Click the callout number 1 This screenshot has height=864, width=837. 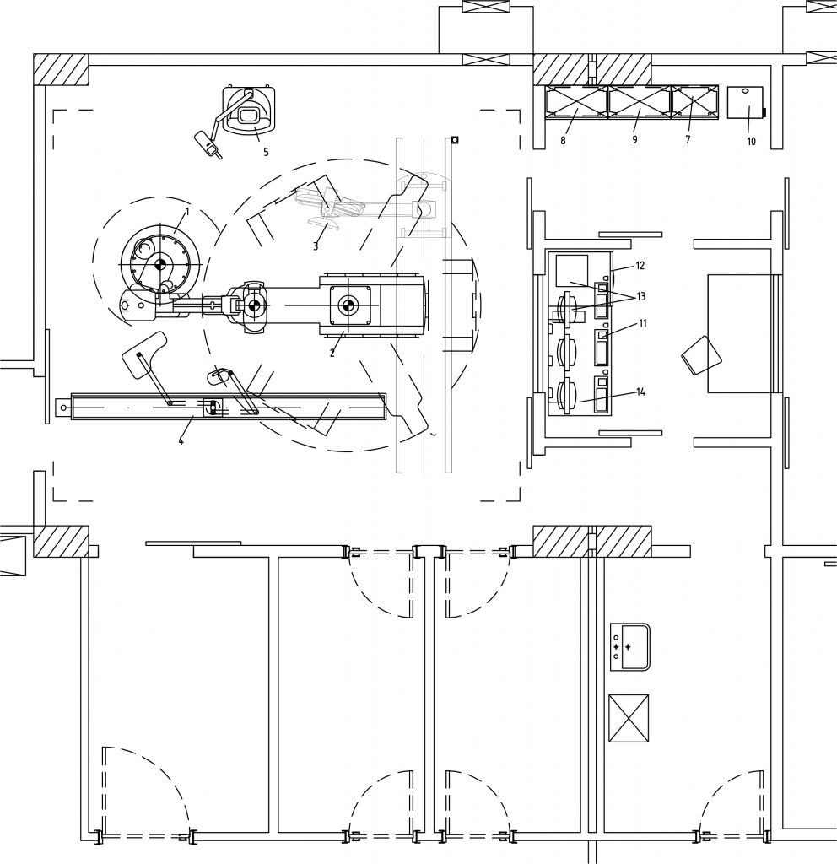coord(186,212)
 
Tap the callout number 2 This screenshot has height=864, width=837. coord(332,354)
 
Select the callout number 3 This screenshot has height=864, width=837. coord(316,246)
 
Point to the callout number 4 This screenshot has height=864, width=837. coord(181,440)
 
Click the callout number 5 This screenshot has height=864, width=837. coord(266,152)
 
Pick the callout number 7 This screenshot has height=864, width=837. coord(688,140)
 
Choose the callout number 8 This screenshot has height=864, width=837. coord(563,141)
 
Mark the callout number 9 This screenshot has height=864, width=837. coord(634,140)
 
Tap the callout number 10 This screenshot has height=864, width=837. coord(752,142)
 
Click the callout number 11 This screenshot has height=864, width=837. coord(642,323)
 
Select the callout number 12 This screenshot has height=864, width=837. coord(640,266)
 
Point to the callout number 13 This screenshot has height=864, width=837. coord(641,296)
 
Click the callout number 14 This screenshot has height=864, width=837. coord(641,391)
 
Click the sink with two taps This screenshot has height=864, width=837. coord(629,647)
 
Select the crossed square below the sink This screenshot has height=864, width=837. coord(628,719)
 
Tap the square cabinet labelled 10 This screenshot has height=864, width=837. coord(745,102)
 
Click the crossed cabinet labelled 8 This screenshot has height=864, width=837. coord(575,102)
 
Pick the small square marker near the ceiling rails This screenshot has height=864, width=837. coord(455,140)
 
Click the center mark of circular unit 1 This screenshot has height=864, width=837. coord(160,264)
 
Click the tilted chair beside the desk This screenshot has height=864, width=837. coord(701,355)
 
